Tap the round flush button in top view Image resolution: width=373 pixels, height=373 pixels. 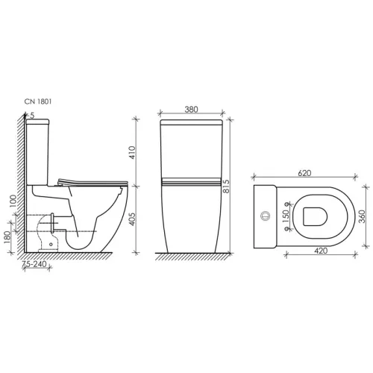pyautogui.click(x=263, y=218)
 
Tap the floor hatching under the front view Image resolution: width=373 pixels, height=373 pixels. pyautogui.click(x=192, y=257)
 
